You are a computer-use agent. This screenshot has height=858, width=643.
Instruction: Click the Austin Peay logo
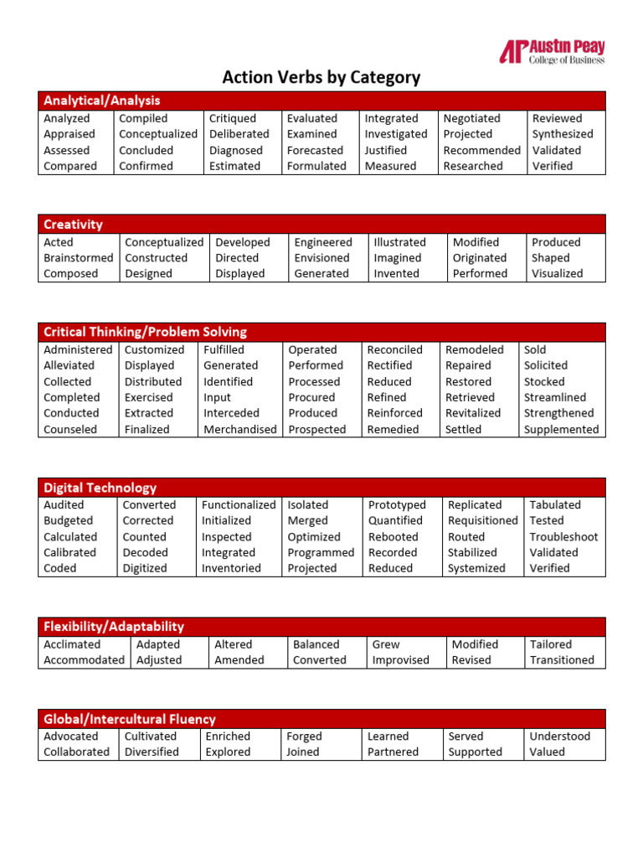(x=552, y=52)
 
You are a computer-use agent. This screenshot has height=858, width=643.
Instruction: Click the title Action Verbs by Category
(x=321, y=78)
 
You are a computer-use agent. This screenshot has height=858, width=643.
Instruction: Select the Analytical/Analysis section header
(x=102, y=101)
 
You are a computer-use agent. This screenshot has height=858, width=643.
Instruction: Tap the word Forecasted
(x=315, y=151)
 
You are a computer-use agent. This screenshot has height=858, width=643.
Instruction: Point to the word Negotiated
(x=471, y=119)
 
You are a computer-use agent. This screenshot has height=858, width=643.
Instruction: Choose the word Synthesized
(x=563, y=134)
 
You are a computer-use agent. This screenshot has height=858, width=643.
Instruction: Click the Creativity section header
(x=74, y=225)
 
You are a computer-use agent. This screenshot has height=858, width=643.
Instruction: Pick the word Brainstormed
(x=78, y=258)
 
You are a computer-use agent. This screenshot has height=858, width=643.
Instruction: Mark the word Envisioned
(x=321, y=258)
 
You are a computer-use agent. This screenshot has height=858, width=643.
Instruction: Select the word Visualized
(x=557, y=274)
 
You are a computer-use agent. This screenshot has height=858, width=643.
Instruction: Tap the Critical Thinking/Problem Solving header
(x=145, y=332)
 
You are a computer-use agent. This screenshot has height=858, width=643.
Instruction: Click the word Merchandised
(x=239, y=430)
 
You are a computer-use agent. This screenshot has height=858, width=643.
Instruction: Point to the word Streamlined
(x=555, y=398)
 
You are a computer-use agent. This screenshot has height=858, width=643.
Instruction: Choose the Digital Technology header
(x=100, y=488)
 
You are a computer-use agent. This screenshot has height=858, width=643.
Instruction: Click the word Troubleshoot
(x=563, y=537)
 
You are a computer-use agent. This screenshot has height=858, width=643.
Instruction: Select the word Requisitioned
(x=483, y=521)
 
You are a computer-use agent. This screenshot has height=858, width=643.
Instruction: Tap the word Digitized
(x=146, y=568)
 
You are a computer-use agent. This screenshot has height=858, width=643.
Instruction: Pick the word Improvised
(x=400, y=660)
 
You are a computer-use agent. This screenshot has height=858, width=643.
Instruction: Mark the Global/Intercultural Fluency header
(x=130, y=719)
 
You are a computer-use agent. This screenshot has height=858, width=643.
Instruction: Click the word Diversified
(x=152, y=752)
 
